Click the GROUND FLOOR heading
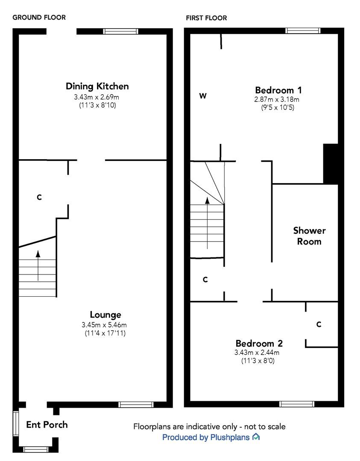click(39, 18)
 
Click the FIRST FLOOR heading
click(206, 18)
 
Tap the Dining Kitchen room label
click(97, 86)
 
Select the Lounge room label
click(105, 315)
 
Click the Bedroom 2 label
click(259, 343)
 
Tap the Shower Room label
click(309, 236)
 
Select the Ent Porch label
click(47, 425)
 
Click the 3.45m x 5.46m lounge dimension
click(104, 325)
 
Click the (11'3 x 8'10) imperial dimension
click(97, 105)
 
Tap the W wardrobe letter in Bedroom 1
click(203, 96)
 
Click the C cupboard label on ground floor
click(39, 197)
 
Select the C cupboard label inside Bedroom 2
click(319, 324)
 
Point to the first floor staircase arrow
click(208, 222)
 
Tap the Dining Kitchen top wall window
click(121, 31)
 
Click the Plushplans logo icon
click(256, 437)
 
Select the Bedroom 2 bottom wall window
click(297, 404)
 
